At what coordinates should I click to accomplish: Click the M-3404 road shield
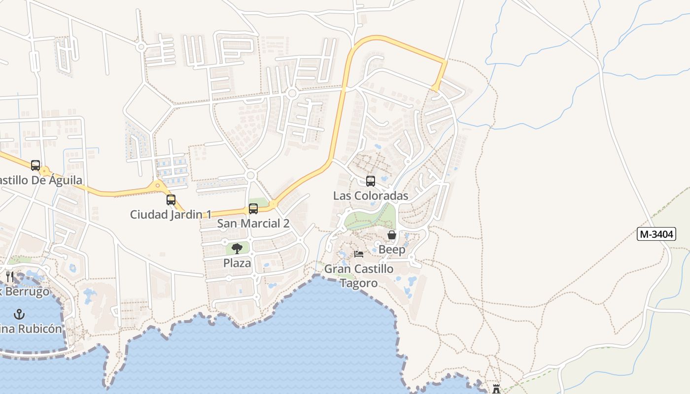pyautogui.click(x=656, y=234)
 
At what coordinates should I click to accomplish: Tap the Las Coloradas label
pyautogui.click(x=371, y=196)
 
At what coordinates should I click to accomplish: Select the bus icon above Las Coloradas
pyautogui.click(x=371, y=181)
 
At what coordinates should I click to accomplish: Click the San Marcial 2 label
pyautogui.click(x=253, y=223)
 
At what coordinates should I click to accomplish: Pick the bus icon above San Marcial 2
pyautogui.click(x=253, y=209)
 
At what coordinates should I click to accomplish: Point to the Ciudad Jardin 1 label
pyautogui.click(x=171, y=214)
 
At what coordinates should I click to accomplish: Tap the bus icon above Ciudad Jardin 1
pyautogui.click(x=171, y=200)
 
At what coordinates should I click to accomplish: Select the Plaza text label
pyautogui.click(x=237, y=263)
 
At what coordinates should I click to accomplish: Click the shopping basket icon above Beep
pyautogui.click(x=392, y=235)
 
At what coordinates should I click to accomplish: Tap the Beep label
pyautogui.click(x=392, y=250)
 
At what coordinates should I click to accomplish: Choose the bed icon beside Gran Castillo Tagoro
pyautogui.click(x=359, y=254)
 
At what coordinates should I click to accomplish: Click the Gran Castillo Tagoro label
pyautogui.click(x=359, y=276)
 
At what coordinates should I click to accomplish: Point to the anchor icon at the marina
pyautogui.click(x=19, y=314)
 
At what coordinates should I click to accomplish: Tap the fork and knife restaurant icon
pyautogui.click(x=10, y=277)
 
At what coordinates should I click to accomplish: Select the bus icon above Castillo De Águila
pyautogui.click(x=35, y=165)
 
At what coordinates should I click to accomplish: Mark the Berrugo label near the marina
pyautogui.click(x=27, y=292)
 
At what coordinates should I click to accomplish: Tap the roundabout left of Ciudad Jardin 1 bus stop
pyautogui.click(x=158, y=186)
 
